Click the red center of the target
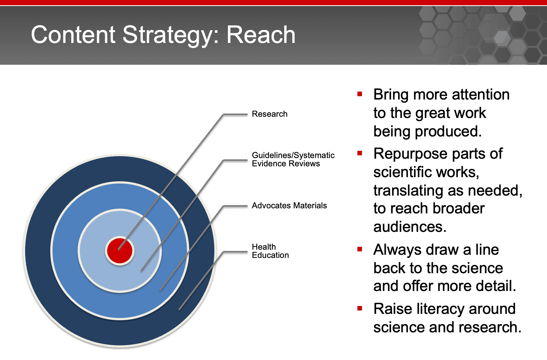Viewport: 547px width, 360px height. click(120, 251)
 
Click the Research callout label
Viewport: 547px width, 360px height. click(269, 114)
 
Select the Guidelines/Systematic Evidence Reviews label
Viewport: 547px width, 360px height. click(293, 159)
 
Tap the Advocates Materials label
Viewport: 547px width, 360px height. click(289, 205)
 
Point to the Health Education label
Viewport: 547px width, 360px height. click(270, 251)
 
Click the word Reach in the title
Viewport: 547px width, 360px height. click(261, 35)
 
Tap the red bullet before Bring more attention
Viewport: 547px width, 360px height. click(360, 94)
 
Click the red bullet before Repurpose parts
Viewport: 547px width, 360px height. click(360, 153)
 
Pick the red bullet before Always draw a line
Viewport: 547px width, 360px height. click(360, 249)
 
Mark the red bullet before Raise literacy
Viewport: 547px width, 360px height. click(360, 308)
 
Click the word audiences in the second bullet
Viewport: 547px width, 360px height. click(410, 227)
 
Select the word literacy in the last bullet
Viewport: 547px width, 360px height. click(440, 309)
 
